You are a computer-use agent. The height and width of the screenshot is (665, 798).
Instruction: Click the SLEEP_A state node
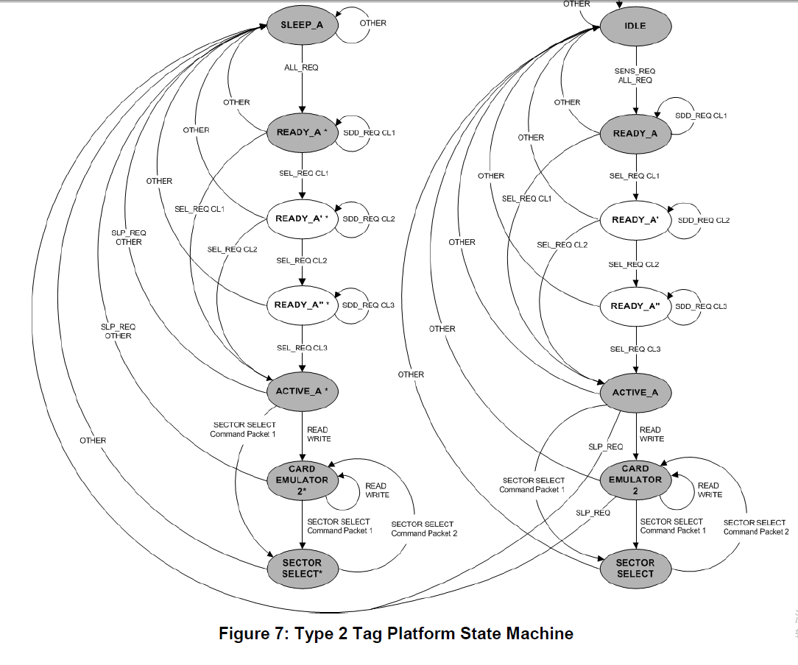302,25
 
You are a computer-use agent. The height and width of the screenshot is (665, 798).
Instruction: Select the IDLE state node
635,26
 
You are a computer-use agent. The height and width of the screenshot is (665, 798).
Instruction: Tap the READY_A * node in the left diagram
302,132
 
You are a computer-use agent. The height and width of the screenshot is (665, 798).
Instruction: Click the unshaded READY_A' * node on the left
302,218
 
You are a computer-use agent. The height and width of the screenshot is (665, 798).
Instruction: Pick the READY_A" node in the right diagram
635,306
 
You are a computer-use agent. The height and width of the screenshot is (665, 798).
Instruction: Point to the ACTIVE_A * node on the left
302,391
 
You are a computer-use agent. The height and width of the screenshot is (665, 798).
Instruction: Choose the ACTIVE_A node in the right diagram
635,393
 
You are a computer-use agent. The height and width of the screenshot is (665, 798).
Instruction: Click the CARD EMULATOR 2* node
302,480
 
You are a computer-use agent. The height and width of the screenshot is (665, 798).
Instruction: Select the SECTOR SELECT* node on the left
302,568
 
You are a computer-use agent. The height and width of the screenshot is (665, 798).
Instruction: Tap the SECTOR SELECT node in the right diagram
635,568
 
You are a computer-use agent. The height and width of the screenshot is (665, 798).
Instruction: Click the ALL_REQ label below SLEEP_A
301,68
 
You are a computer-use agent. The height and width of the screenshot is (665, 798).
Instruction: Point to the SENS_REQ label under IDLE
635,71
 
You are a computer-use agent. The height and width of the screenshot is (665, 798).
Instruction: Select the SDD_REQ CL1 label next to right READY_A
701,116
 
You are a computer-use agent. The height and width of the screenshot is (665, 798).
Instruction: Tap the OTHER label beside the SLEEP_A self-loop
372,23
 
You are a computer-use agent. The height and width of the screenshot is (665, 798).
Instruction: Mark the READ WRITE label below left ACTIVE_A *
319,434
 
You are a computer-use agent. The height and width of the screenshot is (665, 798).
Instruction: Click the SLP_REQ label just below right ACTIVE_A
605,447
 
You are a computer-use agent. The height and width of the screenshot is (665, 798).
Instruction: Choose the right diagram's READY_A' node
635,220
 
